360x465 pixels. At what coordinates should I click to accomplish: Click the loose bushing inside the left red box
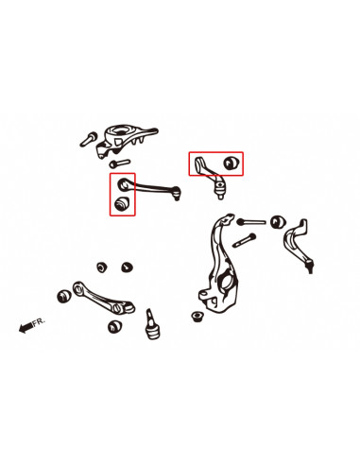point(121,203)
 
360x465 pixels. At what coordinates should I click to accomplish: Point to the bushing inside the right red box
point(231,162)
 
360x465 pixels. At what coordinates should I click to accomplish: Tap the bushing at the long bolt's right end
point(278,222)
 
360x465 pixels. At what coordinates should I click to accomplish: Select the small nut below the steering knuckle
point(197,316)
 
